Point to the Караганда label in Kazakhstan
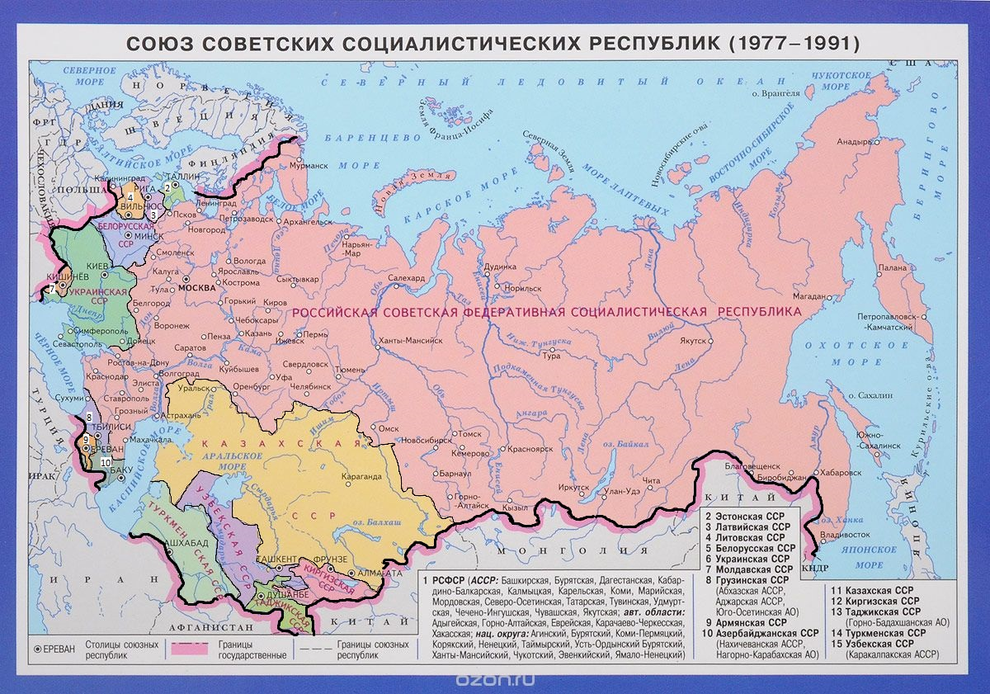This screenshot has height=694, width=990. [364, 475]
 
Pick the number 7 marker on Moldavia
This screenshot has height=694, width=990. [51, 289]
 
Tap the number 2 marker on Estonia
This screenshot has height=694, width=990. [167, 187]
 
